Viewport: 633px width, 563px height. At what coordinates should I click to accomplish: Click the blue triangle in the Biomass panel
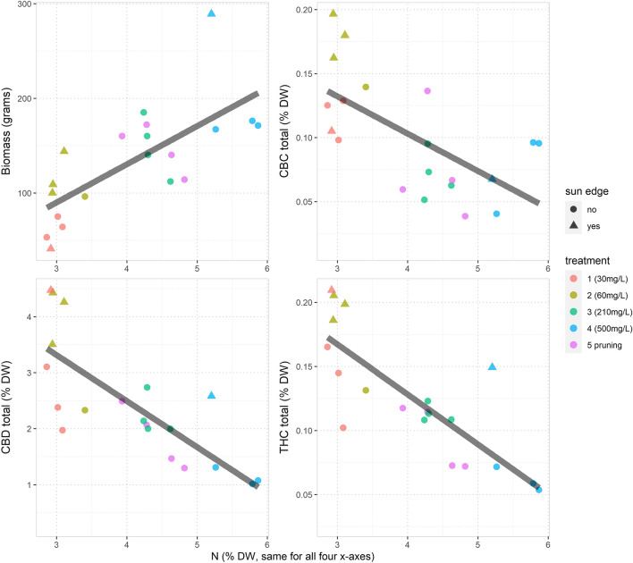tap(211, 13)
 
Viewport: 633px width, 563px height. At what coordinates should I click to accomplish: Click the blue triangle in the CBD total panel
tap(211, 395)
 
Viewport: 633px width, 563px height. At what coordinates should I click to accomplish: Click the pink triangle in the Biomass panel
tap(51, 248)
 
